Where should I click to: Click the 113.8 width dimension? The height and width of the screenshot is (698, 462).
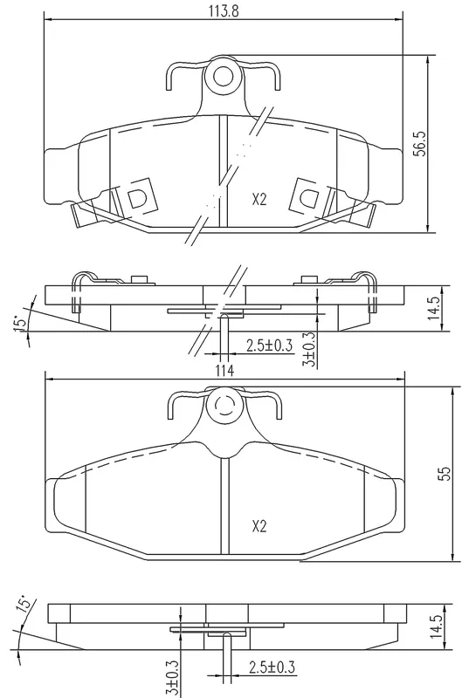coord(224,11)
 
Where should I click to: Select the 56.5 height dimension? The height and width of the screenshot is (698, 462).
coord(421,143)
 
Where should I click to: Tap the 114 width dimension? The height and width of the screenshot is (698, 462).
coord(225,370)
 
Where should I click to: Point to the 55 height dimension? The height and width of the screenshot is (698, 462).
coord(445,474)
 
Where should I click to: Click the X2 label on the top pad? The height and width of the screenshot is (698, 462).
coord(259,200)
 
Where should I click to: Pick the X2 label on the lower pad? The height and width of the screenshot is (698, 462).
coord(259,527)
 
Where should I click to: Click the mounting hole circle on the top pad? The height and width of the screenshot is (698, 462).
coord(224,76)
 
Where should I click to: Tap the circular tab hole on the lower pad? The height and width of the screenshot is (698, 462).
coord(224,406)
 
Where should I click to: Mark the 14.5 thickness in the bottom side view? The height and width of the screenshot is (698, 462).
coord(437,626)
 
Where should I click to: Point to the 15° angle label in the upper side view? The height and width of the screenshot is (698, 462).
coord(19,324)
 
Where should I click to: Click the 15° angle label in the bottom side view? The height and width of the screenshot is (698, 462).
coord(24,604)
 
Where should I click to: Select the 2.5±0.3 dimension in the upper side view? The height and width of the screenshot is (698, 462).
coord(270,345)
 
